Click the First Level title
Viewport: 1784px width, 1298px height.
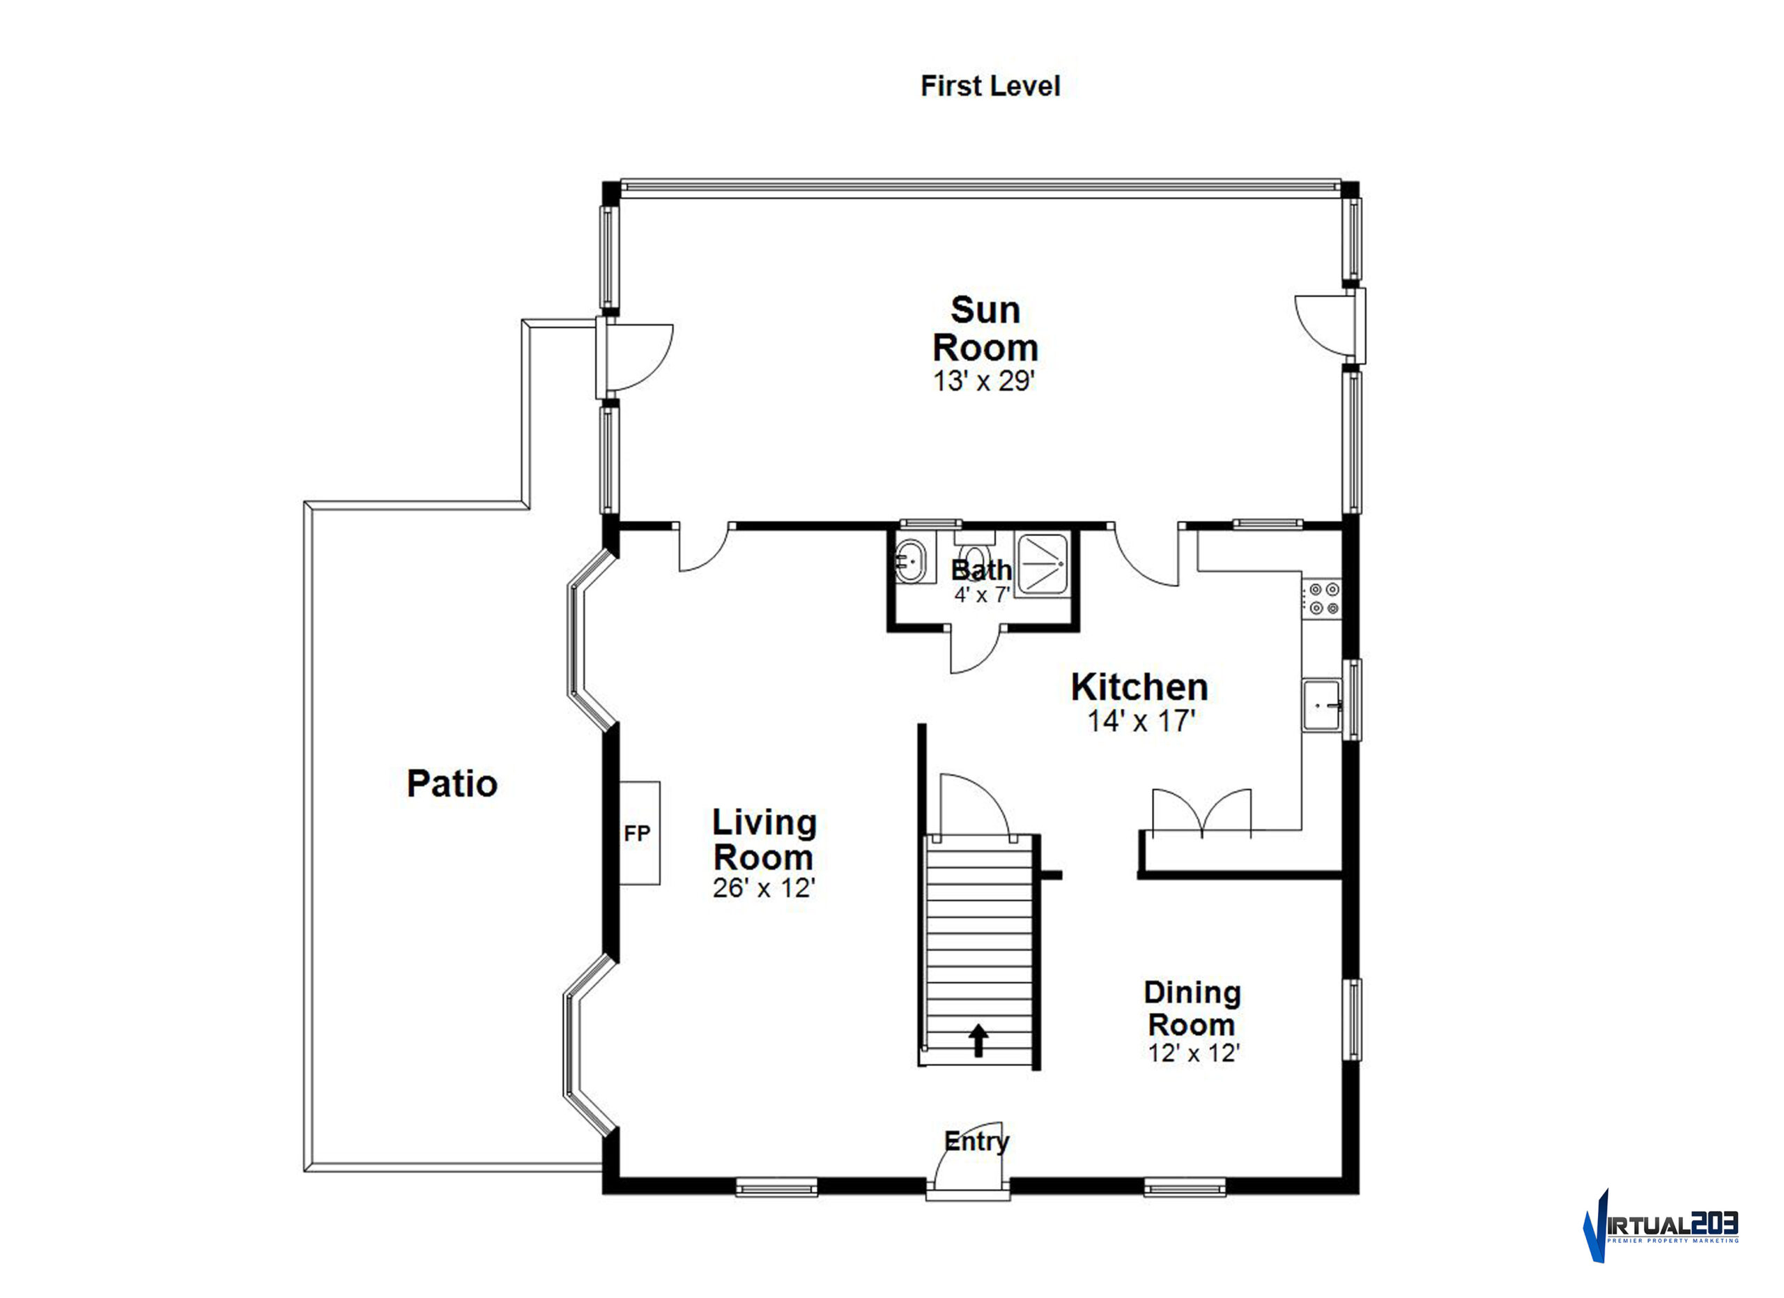(990, 86)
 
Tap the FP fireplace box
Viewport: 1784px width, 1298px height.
(639, 833)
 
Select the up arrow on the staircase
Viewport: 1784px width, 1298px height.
(978, 1040)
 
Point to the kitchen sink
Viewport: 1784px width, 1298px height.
(1321, 705)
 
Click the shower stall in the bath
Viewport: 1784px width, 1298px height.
(1043, 564)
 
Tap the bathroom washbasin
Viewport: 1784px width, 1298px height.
(912, 562)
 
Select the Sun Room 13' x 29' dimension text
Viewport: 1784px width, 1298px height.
(983, 381)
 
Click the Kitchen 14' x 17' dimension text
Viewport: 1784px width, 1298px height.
(1141, 721)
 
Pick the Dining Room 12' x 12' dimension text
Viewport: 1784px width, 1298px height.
(1194, 1053)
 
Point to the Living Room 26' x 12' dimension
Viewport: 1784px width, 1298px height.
(764, 887)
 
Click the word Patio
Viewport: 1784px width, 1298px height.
(452, 784)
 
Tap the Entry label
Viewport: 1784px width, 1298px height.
(976, 1140)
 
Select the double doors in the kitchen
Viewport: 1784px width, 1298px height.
(1201, 811)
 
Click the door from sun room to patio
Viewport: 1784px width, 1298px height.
(634, 358)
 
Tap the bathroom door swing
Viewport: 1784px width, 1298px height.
(976, 650)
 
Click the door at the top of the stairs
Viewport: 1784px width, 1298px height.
(976, 804)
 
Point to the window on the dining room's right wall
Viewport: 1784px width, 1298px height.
(1351, 1020)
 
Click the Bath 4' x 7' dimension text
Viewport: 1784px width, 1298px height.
(982, 595)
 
